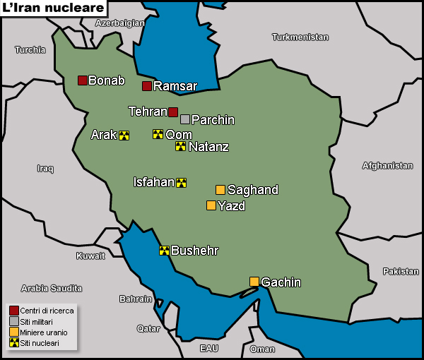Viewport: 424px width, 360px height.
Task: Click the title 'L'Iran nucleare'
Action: coord(54,8)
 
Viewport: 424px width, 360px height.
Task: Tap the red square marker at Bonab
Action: coord(83,80)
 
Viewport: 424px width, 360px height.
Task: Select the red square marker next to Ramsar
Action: coord(147,86)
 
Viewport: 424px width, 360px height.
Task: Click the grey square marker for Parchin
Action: coord(185,119)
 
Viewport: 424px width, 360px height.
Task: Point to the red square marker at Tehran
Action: coord(173,112)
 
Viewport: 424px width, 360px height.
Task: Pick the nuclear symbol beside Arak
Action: coord(124,135)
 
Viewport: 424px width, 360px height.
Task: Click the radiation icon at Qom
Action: coord(158,134)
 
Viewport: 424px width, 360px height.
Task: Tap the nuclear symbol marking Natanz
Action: coord(181,146)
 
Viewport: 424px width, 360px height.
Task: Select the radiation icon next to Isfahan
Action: coord(182,182)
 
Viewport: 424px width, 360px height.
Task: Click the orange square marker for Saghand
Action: coord(220,189)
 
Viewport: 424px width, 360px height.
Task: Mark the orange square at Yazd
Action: coord(211,205)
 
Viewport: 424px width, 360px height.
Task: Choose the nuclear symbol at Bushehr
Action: coord(164,250)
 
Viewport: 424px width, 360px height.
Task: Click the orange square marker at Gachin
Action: coord(254,282)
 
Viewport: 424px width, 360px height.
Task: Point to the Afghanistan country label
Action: coord(387,166)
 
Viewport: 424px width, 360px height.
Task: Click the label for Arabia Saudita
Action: coord(52,288)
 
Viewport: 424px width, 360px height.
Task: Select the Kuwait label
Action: coord(90,256)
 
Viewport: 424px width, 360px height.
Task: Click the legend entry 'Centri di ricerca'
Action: coord(46,311)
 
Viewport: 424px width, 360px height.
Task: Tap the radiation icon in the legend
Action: coord(13,342)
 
